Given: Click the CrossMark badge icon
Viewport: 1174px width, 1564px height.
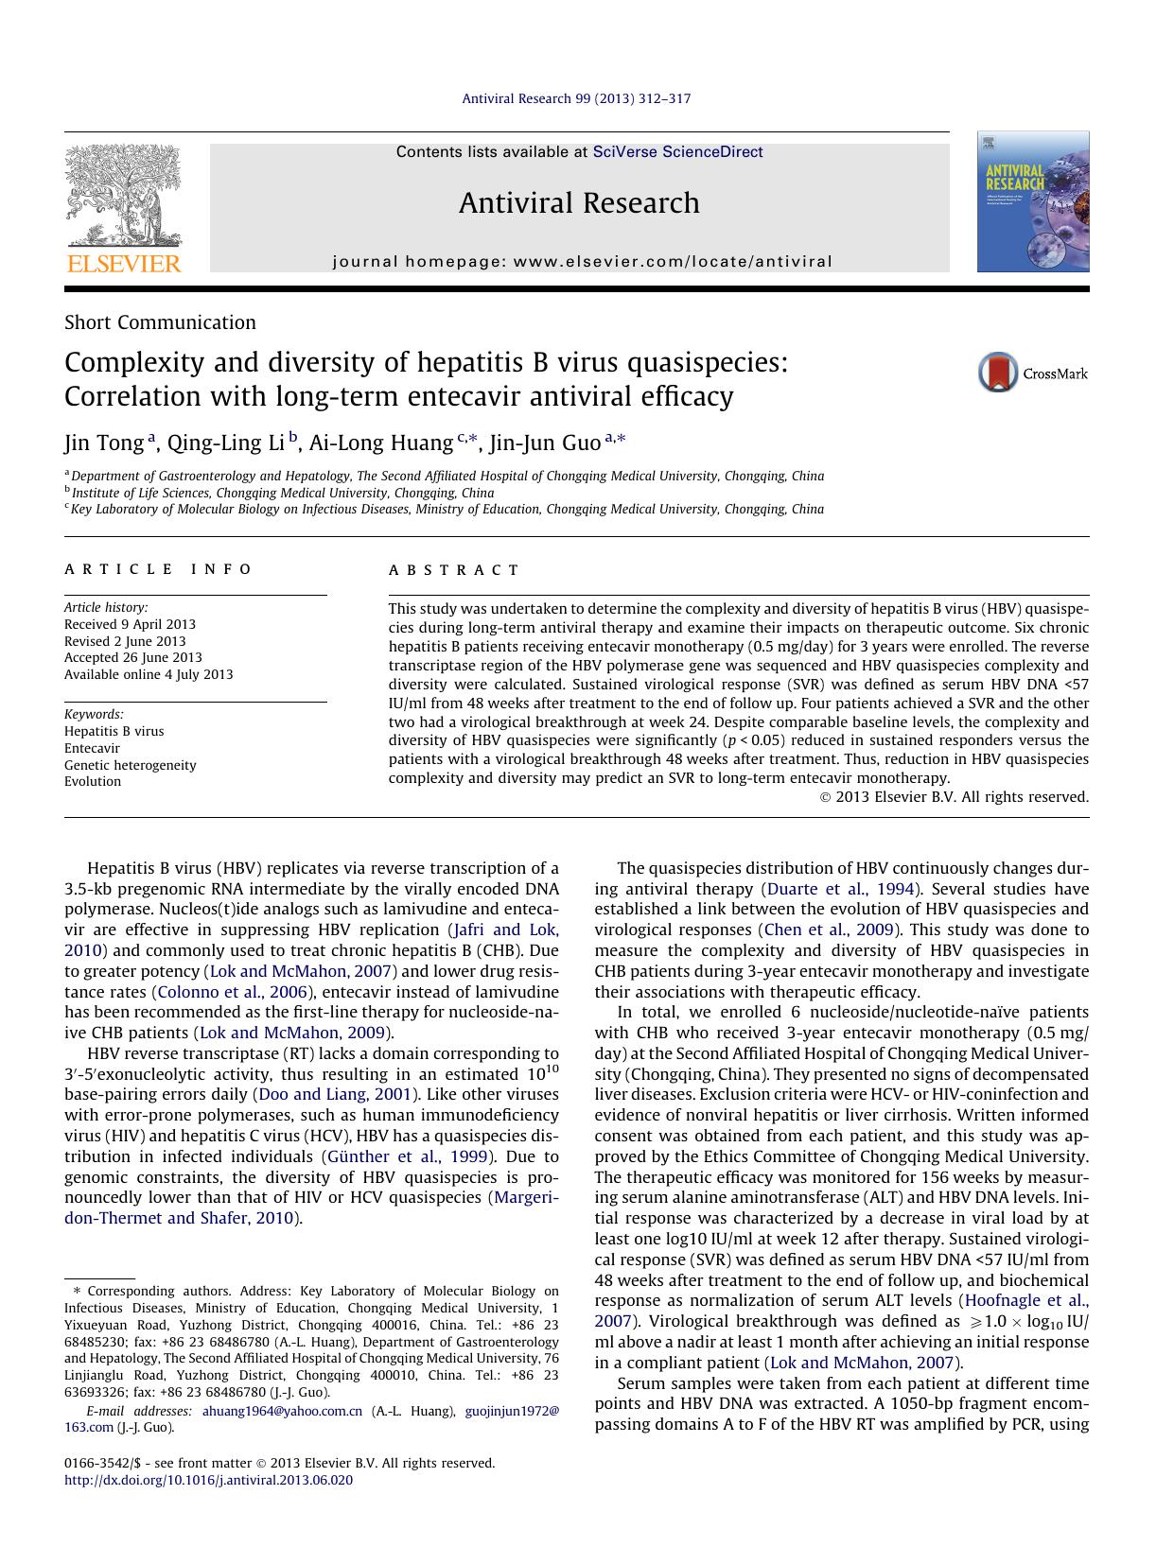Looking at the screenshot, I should pos(997,373).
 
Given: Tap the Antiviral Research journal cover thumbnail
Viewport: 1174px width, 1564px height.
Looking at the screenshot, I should pos(1032,201).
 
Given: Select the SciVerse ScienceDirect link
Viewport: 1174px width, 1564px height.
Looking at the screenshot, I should pos(677,152).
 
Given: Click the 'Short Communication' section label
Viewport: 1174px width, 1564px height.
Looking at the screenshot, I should pos(160,322).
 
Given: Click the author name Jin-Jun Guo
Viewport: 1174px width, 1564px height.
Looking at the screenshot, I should pos(544,443).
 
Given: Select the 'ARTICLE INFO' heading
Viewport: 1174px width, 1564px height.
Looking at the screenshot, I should pos(158,569).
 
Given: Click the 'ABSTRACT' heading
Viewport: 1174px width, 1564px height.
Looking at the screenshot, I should pos(454,570).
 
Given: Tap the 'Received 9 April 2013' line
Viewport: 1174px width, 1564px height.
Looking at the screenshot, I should pos(130,624).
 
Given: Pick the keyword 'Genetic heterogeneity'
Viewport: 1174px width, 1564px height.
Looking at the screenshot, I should pos(130,765).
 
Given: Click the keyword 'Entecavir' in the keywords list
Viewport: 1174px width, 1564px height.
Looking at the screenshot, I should pos(92,748).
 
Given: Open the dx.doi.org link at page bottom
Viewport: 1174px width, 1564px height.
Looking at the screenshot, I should pos(208,1480).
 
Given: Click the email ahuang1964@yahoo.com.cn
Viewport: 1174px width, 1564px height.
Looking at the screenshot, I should pos(282,1411).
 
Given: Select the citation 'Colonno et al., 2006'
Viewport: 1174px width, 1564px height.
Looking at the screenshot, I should pos(233,992).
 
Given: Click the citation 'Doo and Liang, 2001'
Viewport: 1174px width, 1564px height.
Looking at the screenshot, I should pos(334,1094).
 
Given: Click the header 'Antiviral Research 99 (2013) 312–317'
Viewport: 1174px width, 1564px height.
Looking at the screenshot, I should pos(576,98).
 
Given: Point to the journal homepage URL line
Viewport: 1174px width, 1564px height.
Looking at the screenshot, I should pos(582,262).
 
